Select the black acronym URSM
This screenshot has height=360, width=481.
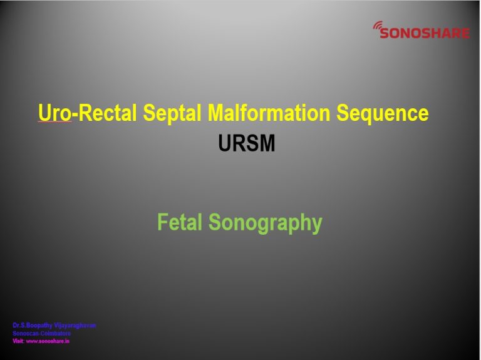[247, 144]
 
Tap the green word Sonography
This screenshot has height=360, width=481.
[265, 224]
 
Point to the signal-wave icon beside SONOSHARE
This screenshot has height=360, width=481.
[378, 26]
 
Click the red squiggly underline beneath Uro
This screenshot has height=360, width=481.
[54, 123]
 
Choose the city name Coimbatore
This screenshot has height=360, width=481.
[56, 334]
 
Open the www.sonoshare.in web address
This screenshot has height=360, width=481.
[48, 341]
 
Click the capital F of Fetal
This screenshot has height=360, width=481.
[162, 222]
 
